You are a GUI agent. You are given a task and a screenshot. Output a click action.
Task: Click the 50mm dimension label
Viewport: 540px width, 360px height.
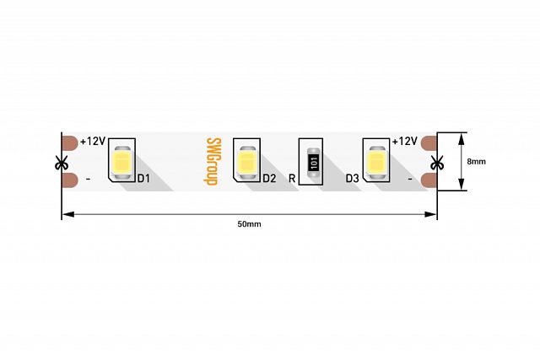tap(249, 224)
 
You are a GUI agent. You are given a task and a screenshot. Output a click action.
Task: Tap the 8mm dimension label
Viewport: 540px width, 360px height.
tap(476, 161)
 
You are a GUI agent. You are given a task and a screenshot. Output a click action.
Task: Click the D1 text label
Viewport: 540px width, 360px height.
tap(143, 179)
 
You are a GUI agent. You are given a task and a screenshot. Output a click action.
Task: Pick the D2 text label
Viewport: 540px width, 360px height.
tap(269, 179)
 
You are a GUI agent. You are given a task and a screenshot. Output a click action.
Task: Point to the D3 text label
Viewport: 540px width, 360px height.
tap(353, 179)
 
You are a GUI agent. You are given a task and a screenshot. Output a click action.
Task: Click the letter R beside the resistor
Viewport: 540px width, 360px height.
tap(292, 179)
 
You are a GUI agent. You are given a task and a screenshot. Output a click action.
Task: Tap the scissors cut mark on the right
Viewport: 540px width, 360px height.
tap(436, 161)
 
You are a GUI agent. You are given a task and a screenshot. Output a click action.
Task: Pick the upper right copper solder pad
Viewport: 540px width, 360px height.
tap(429, 143)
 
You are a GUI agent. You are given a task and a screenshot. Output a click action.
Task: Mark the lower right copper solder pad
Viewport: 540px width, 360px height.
tap(429, 180)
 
